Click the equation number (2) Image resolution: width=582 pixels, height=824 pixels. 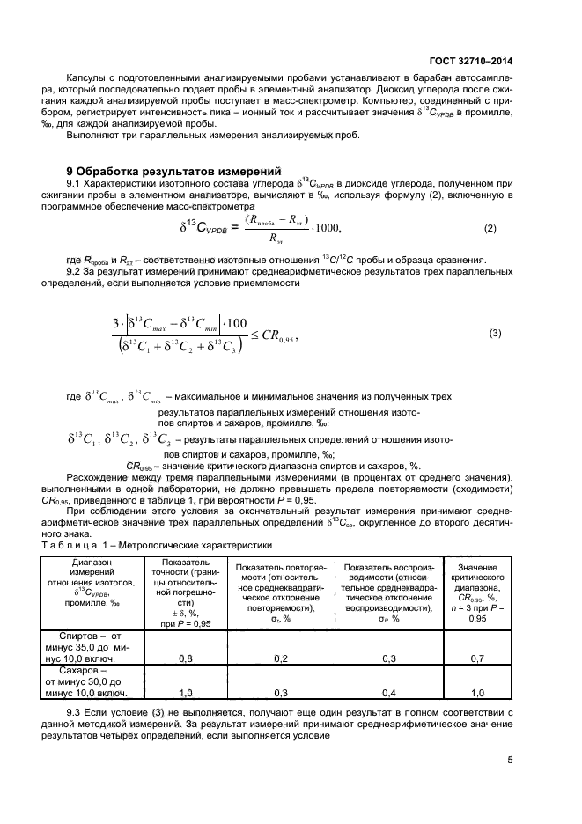[490, 229]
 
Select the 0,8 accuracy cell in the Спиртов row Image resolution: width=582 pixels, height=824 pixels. [186, 658]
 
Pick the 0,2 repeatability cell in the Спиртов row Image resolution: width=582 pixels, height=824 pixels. [281, 658]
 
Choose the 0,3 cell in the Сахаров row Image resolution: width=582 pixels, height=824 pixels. [281, 692]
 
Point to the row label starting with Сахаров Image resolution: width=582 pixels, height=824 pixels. [93, 681]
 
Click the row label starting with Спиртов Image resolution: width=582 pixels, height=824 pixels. [93, 646]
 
